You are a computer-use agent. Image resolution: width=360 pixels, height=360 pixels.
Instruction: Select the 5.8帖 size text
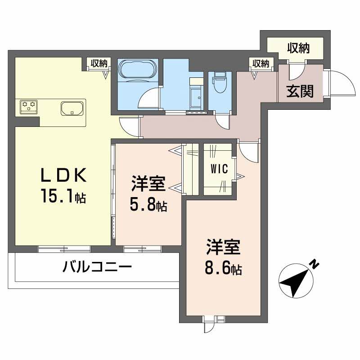click(x=149, y=205)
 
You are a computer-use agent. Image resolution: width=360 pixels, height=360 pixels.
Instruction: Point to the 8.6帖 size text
click(x=224, y=269)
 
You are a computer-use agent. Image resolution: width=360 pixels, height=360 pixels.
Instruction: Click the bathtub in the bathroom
click(x=138, y=71)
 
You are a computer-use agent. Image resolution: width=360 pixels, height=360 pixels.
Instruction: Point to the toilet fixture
click(x=220, y=82)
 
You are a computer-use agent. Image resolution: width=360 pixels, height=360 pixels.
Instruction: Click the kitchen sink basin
click(x=72, y=108)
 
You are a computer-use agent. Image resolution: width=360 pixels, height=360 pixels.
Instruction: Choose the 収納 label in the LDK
click(x=99, y=63)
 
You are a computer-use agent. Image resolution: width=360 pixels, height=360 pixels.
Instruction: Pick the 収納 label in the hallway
click(x=261, y=63)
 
